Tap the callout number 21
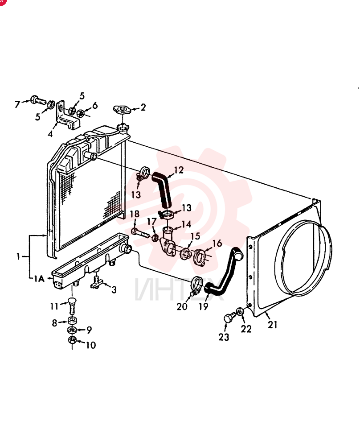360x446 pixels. (272, 325)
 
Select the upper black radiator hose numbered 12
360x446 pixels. (162, 190)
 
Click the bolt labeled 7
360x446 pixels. (38, 100)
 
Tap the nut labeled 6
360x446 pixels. (80, 113)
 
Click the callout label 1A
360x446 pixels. (39, 278)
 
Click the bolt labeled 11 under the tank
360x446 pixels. (72, 306)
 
